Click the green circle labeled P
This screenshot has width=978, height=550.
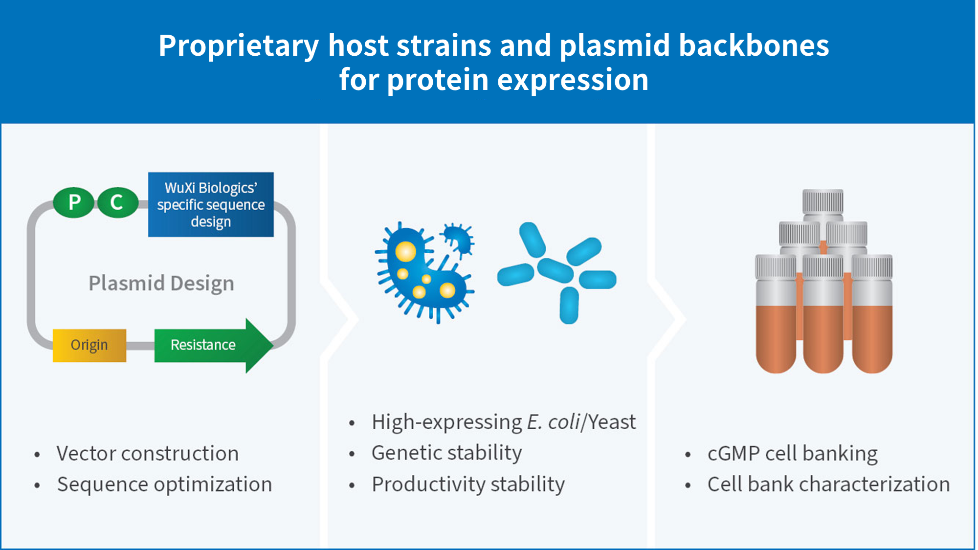pos(74,202)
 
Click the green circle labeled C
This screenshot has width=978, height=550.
pos(117,202)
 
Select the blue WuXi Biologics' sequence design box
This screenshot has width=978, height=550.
pos(211,204)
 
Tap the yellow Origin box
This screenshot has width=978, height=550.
pos(89,345)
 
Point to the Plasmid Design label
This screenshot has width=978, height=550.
pos(161,284)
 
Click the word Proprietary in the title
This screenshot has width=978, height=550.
pos(239,45)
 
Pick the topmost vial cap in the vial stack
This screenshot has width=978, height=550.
pos(823,201)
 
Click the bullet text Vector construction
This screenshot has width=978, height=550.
pos(148,454)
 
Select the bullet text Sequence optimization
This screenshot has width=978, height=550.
pos(164,484)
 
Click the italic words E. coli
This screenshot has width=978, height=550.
pos(554,422)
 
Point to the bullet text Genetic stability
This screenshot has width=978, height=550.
pos(446,453)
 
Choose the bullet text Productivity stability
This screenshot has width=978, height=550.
pos(468,484)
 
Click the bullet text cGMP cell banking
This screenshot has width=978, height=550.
pos(792,454)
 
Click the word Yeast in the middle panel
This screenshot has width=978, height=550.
pos(612,422)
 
